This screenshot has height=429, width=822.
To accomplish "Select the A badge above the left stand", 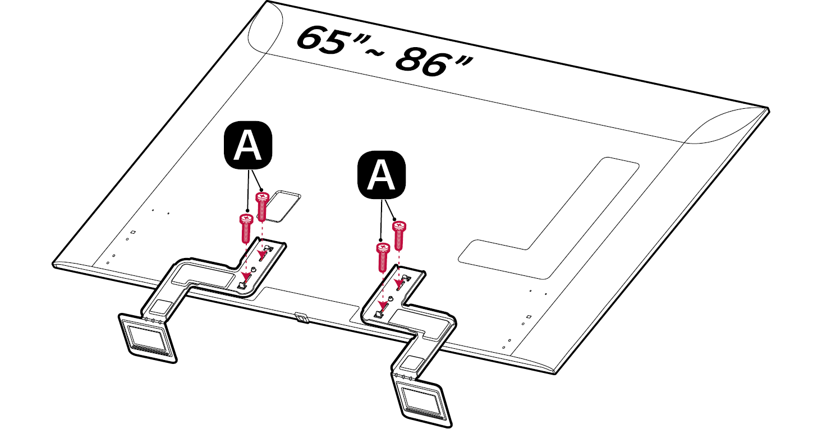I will point(248,145).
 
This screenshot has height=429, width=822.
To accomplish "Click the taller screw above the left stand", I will point(262,205).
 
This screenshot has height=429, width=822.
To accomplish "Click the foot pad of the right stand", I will point(423,399).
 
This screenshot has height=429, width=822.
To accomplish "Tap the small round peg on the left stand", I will point(254,270).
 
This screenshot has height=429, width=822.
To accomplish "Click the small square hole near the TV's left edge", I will point(133,232).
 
